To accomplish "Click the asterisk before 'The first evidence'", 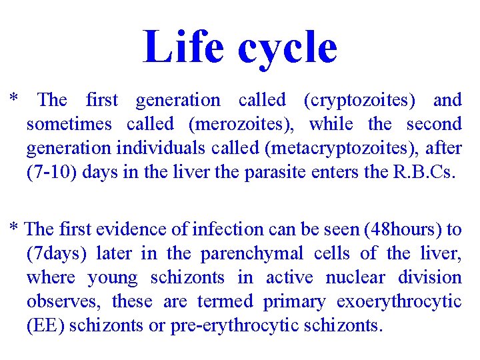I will pyautogui.click(x=13, y=227).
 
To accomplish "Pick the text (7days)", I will pyautogui.click(x=58, y=254).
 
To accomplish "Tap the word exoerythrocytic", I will pyautogui.click(x=399, y=302).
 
